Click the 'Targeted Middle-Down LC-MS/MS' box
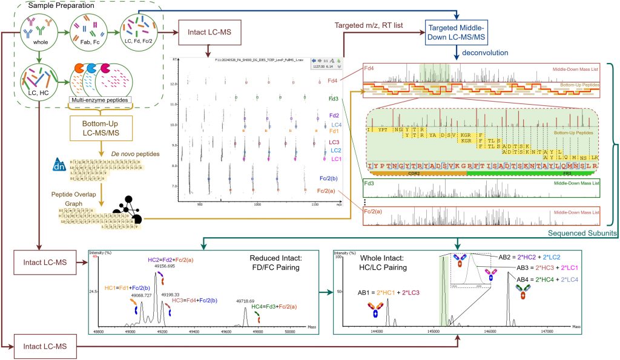click(453, 33)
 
